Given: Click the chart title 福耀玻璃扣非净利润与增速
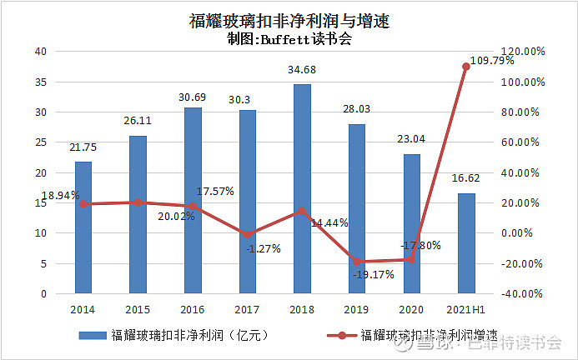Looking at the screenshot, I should [x=289, y=20].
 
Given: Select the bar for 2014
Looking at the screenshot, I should [x=83, y=227].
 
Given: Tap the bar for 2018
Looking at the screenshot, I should [x=302, y=188].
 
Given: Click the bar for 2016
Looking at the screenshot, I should [x=192, y=200].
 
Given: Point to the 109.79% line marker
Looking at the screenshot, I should [x=466, y=67].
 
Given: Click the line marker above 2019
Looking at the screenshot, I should [x=356, y=262].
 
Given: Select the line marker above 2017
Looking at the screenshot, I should [x=247, y=235].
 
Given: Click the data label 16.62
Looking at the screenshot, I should [x=466, y=178].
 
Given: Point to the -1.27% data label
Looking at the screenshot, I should [x=264, y=248].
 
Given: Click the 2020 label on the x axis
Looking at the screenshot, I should [x=411, y=310].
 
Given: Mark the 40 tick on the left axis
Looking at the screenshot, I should [x=39, y=52].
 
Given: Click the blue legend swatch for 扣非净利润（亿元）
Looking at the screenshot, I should [x=93, y=336].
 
